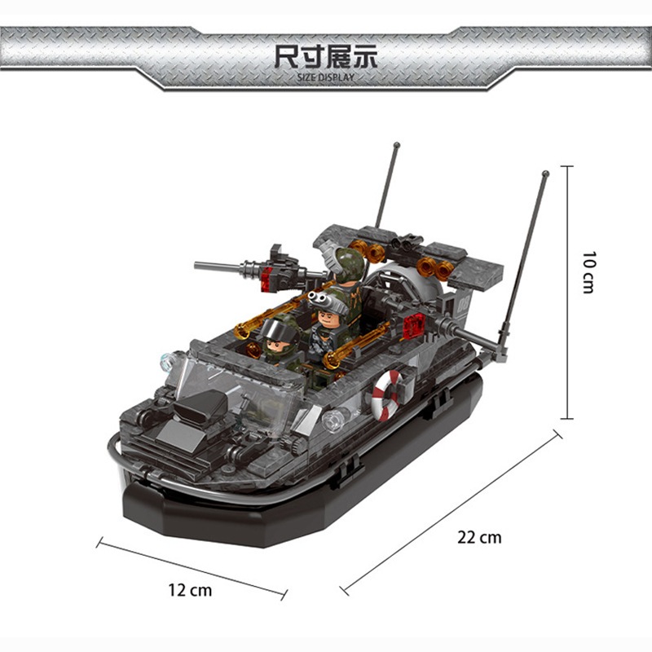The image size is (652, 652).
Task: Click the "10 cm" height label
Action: (x=588, y=272)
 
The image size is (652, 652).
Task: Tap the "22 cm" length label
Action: (x=479, y=537)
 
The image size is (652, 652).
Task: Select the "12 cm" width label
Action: (x=190, y=590)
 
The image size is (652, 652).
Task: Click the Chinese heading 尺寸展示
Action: (x=325, y=56)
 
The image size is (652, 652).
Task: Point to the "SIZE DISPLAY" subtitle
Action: (x=325, y=77)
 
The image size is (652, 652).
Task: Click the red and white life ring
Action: (x=387, y=395)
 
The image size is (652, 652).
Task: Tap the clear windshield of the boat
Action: (x=233, y=391)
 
